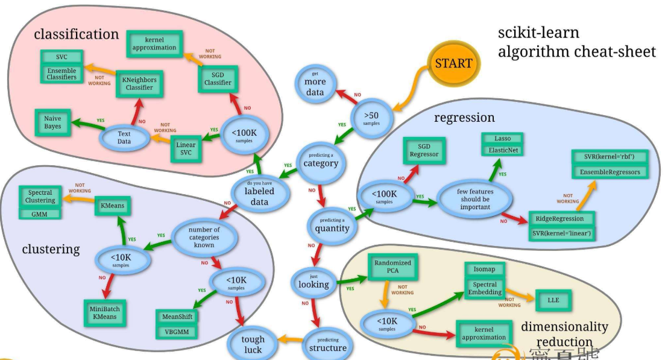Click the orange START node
pos(454,63)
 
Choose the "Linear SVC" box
pos(186,149)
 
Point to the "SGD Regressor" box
pos(424,150)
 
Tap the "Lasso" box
pos(502,139)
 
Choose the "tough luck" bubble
pos(253,344)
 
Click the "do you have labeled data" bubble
pos(259,191)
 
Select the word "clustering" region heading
pos(51,249)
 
